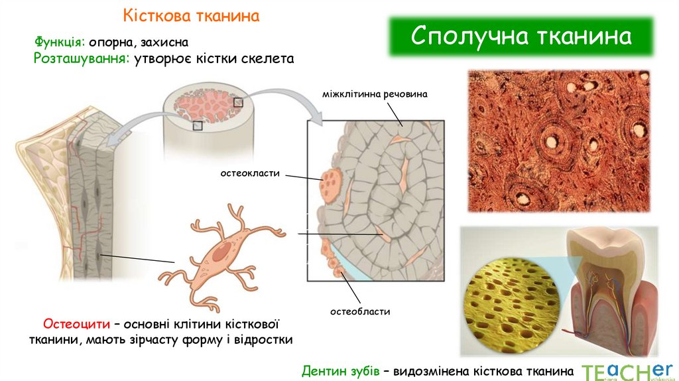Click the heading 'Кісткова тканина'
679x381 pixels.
pos(191,15)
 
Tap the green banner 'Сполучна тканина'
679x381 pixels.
pos(521,37)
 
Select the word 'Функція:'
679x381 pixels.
pos(60,42)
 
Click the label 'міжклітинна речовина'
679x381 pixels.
pos(375,94)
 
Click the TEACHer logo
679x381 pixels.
pos(626,370)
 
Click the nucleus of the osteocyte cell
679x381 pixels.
pos(222,251)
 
